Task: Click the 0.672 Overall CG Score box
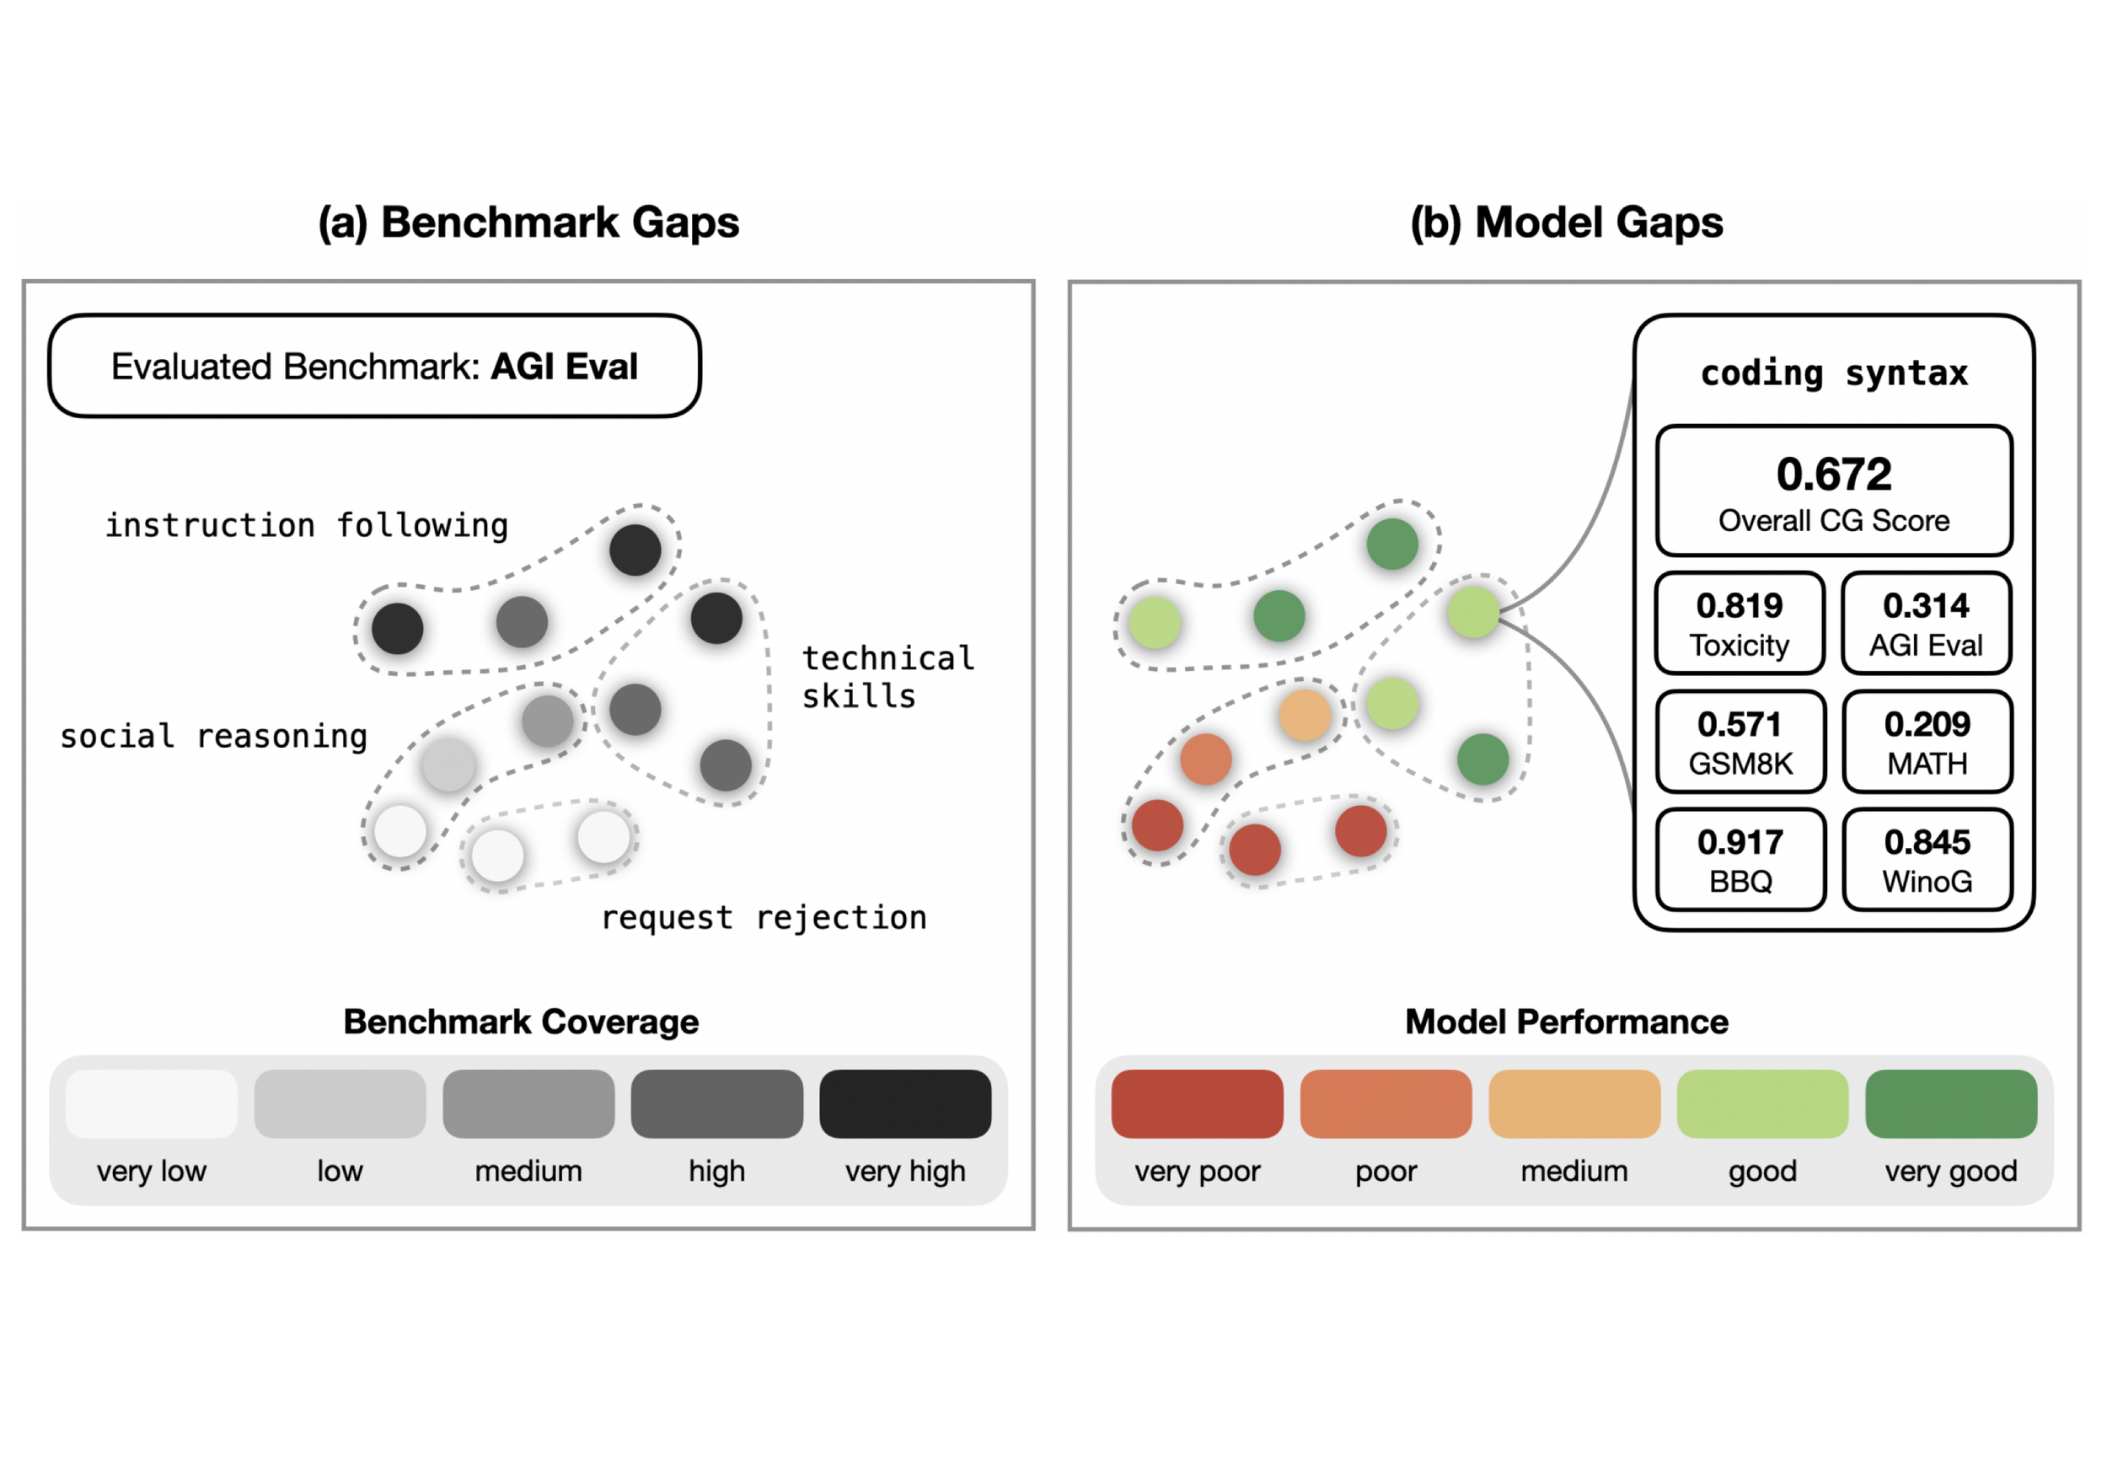tap(1834, 491)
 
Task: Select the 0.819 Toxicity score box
tap(1739, 623)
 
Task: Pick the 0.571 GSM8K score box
tap(1740, 742)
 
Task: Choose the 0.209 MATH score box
tap(1927, 742)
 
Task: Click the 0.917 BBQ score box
tap(1740, 860)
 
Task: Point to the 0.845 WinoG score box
tap(1927, 860)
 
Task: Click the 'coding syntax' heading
tap(1834, 373)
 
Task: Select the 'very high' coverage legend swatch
tap(905, 1103)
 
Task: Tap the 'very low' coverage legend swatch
tap(152, 1103)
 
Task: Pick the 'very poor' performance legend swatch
tap(1197, 1103)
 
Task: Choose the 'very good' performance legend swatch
tap(1951, 1103)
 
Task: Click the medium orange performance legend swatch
tap(1574, 1103)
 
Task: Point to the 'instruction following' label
tap(307, 526)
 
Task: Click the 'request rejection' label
tap(764, 918)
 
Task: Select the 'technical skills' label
tap(887, 678)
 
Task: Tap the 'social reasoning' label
tap(214, 736)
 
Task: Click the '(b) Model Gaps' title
tap(1567, 223)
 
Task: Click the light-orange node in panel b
tap(1304, 715)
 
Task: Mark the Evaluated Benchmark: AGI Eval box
tap(374, 366)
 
